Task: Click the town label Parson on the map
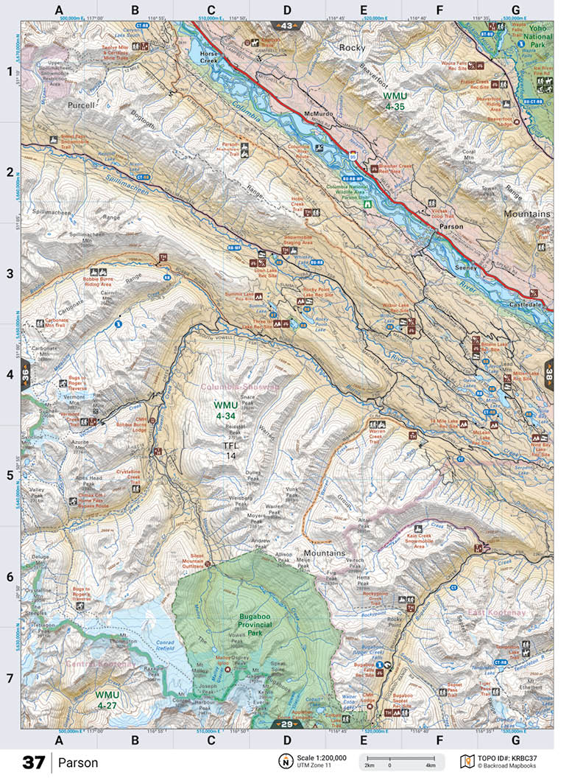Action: [x=451, y=227]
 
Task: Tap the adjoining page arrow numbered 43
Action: [x=287, y=26]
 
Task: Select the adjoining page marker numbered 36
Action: [x=26, y=374]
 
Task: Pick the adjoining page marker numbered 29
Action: [x=287, y=725]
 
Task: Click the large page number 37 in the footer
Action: [x=34, y=763]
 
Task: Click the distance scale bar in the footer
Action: [x=401, y=760]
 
